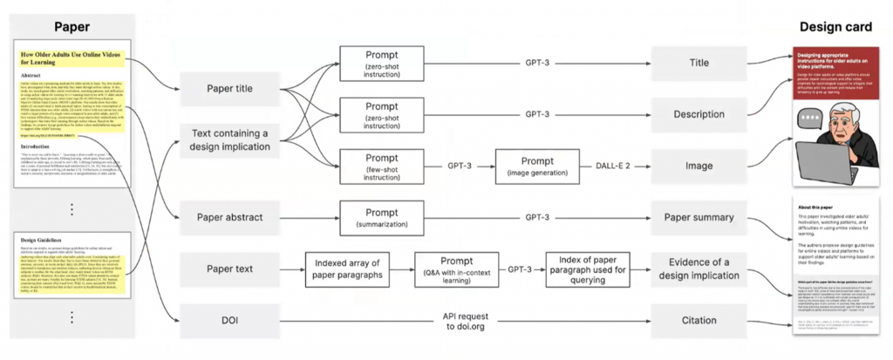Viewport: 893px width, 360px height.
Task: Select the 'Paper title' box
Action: [230, 88]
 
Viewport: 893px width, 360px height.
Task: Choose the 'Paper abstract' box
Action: [230, 216]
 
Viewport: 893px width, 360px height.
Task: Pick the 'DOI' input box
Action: [230, 320]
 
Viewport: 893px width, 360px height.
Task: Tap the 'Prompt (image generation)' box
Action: [536, 164]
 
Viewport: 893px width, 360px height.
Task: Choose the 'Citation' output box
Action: [700, 320]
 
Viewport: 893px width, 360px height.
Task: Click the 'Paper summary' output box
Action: [700, 216]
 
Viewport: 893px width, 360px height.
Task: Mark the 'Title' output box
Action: [700, 63]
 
